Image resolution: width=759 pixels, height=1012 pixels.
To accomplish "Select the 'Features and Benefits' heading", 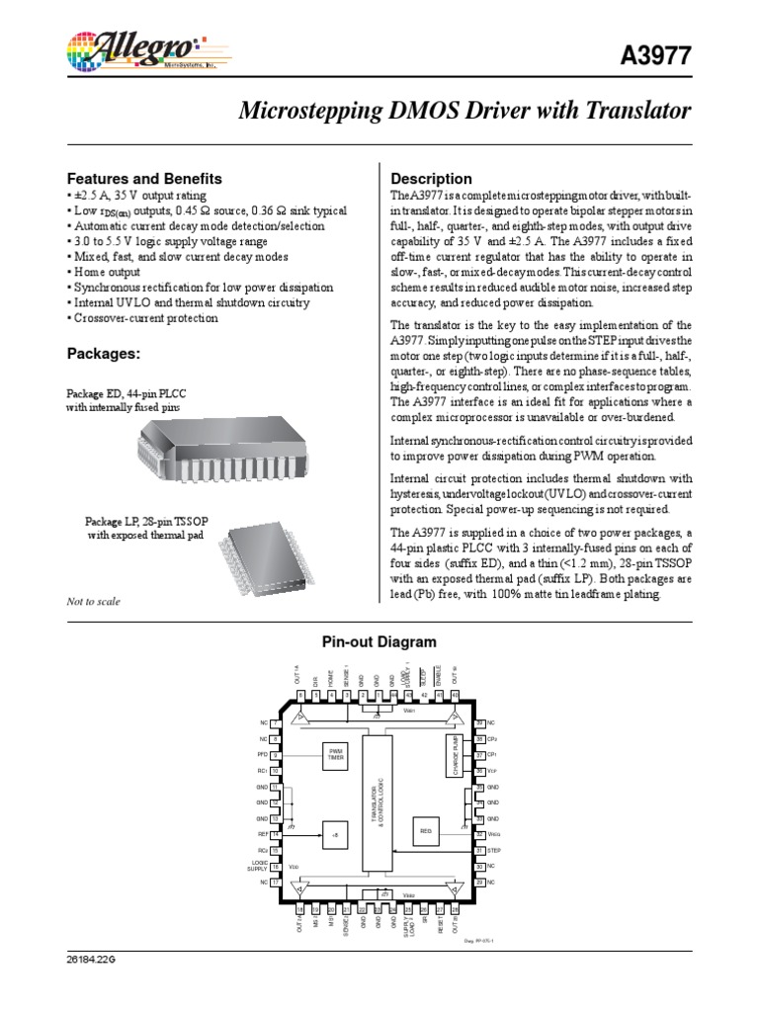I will [143, 179].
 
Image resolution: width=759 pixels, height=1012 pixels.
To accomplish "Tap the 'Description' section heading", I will [432, 179].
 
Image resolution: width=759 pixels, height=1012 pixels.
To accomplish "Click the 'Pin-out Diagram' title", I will [379, 642].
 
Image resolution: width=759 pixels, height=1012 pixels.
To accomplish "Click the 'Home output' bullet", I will [106, 272].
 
